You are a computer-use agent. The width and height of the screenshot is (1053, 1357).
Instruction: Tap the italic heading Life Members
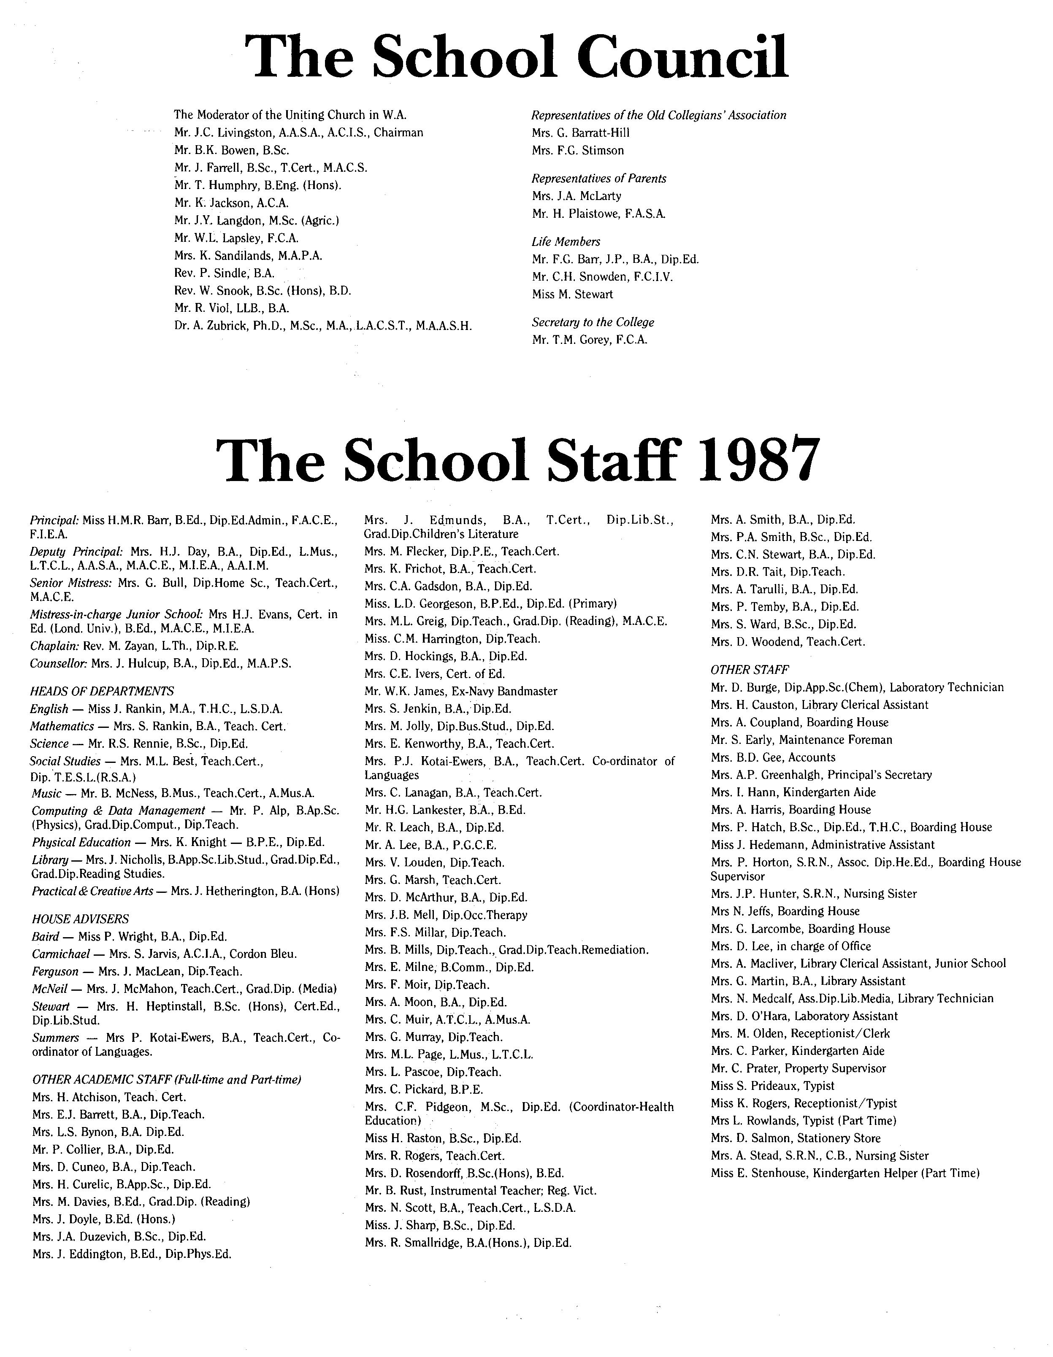(566, 242)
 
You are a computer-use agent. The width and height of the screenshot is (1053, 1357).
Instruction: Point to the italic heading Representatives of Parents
(598, 178)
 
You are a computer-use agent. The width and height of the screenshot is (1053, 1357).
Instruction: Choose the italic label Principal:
(55, 519)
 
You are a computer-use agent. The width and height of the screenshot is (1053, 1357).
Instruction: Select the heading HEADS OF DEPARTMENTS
(102, 691)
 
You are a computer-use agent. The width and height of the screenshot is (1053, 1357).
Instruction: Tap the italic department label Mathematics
(62, 726)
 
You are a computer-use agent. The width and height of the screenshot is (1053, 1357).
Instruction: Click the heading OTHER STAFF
(750, 670)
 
